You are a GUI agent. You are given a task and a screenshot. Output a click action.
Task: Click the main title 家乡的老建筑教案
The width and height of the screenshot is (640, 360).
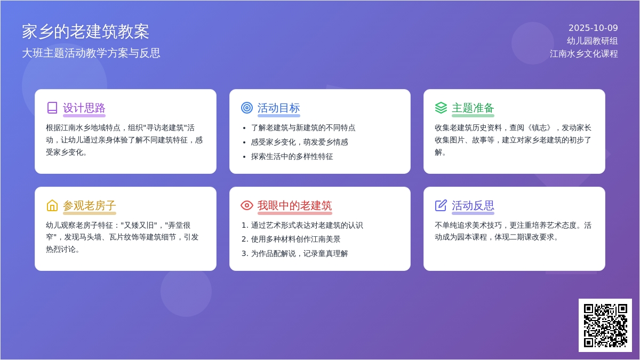[85, 31]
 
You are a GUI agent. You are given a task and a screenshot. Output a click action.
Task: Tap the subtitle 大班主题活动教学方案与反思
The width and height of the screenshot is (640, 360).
[91, 53]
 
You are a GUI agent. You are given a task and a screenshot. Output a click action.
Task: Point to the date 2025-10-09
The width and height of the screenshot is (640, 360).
[593, 28]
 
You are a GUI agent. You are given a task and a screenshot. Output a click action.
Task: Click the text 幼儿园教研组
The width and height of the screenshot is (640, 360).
[593, 41]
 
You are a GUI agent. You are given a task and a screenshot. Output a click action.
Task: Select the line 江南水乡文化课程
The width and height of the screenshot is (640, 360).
[583, 54]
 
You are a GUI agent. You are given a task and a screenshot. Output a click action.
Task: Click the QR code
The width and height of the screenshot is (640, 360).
[605, 325]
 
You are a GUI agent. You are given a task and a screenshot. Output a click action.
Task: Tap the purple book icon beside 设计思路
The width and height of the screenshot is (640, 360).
[52, 108]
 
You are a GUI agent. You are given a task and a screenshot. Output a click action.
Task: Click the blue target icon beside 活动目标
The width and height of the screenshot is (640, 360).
[247, 108]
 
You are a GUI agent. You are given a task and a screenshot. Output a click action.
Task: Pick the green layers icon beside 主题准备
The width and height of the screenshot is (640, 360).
[441, 108]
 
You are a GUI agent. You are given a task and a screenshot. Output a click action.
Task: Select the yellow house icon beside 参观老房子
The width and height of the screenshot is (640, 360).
[52, 205]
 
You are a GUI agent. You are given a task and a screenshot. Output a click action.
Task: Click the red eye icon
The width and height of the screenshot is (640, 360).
[247, 205]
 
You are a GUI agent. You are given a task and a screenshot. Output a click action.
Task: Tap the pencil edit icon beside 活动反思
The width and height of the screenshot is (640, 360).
[441, 205]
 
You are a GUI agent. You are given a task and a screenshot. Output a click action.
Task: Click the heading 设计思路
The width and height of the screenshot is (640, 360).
[84, 108]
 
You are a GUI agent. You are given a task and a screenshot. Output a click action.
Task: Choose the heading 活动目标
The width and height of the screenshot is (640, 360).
[278, 108]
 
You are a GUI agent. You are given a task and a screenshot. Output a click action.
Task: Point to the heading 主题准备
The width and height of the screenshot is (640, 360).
[473, 108]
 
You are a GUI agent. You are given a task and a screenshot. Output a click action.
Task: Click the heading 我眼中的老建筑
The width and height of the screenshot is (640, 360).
[294, 206]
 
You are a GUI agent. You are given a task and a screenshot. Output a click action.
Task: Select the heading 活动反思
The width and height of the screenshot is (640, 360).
[473, 206]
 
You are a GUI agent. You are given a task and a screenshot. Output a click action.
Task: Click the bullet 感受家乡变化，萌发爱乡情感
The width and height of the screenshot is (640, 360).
[299, 142]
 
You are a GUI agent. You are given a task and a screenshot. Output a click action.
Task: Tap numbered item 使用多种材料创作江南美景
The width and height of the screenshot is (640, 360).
[295, 239]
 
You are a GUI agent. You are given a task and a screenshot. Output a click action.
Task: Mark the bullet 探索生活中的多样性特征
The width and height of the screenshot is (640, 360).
[292, 157]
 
